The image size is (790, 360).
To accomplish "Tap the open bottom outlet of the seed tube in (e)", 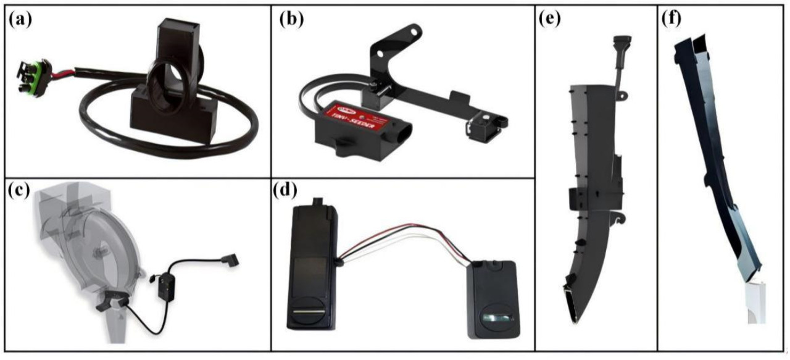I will click(573, 308).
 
